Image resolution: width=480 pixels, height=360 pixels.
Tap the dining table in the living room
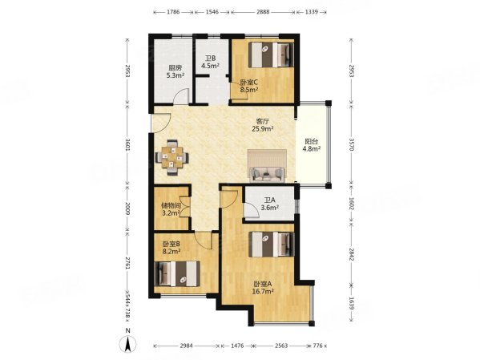(x=172, y=157)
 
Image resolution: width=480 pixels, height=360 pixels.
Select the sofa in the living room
(x=267, y=175)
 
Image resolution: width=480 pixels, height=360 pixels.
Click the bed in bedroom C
(x=271, y=55)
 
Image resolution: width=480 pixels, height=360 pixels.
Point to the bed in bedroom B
(x=177, y=273)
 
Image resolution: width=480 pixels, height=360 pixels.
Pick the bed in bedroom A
(x=271, y=245)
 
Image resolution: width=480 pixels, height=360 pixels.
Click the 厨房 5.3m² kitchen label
(x=175, y=71)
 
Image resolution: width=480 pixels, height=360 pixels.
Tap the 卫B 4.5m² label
(x=210, y=62)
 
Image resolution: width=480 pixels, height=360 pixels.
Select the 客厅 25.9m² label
(x=262, y=125)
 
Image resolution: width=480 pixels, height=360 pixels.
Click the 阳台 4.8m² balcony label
(x=312, y=146)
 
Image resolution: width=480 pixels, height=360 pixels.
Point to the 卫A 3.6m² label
(x=270, y=204)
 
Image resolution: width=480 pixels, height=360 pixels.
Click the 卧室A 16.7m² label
(x=263, y=288)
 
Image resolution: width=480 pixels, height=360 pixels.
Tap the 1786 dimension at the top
(x=173, y=12)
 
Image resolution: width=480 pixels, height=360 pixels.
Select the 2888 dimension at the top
(x=263, y=12)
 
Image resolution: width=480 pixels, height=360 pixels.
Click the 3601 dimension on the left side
(x=127, y=144)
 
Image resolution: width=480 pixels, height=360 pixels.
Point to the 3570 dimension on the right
(x=351, y=144)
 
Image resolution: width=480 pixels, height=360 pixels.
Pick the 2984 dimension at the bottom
(x=186, y=346)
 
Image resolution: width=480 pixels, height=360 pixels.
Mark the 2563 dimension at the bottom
(x=281, y=346)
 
